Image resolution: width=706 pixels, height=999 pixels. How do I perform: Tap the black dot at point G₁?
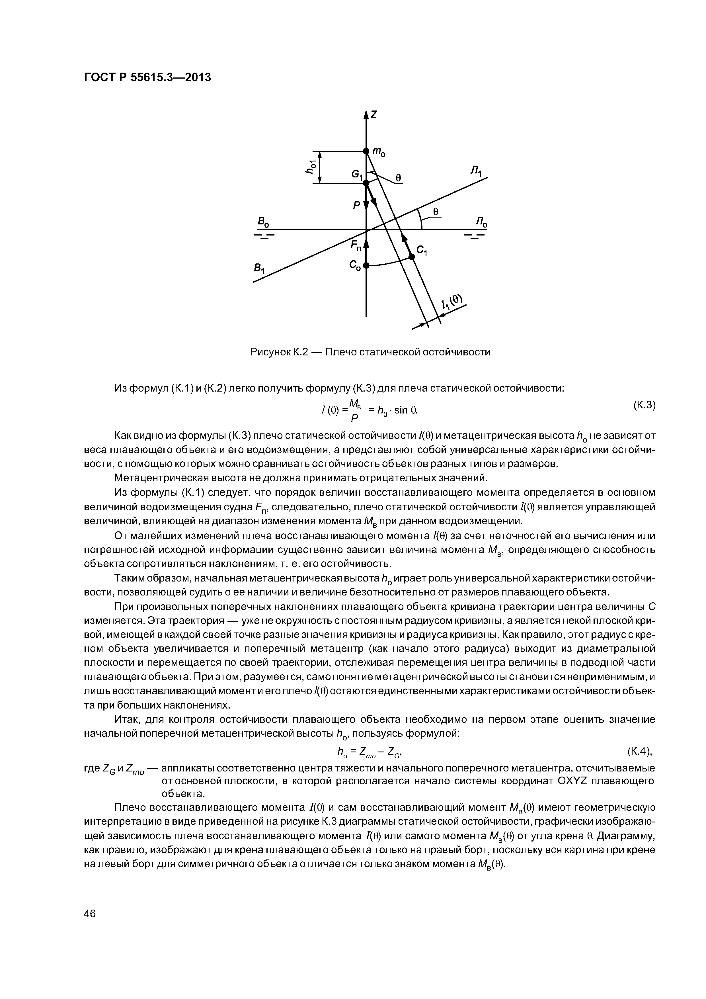pos(366,183)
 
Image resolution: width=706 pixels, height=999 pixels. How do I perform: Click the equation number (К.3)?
pos(643,405)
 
